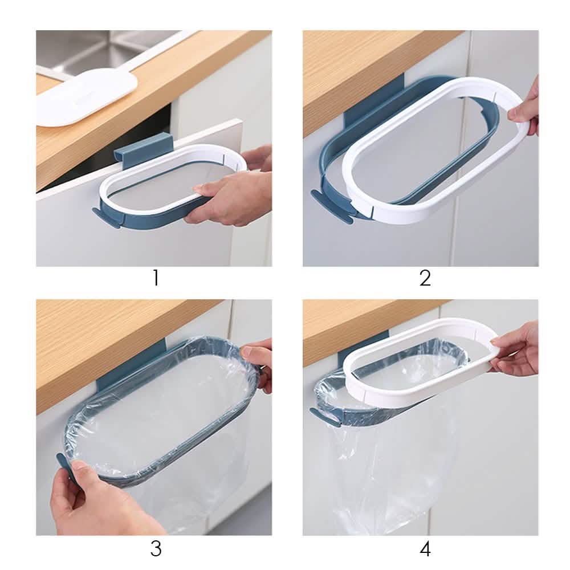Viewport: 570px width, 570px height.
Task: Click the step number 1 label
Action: coord(155,279)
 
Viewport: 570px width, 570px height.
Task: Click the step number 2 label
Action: coord(425,279)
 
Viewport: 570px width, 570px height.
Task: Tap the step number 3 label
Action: coord(156,548)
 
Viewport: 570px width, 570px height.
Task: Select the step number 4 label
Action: coord(425,548)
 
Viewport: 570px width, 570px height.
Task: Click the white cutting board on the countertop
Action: coord(85,97)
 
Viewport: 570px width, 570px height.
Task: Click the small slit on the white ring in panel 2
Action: coord(375,212)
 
